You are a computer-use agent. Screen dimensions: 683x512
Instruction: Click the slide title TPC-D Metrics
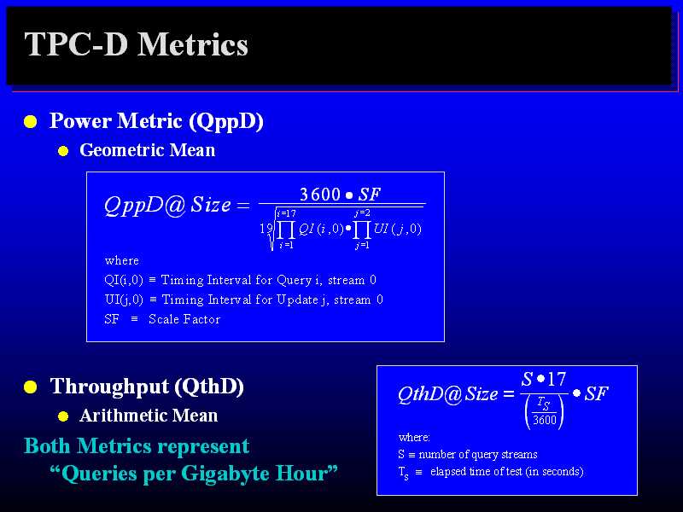pos(136,44)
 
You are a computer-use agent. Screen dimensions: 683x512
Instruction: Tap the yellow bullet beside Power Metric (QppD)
pos(31,121)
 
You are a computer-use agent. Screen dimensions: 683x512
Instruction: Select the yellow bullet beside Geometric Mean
pos(63,151)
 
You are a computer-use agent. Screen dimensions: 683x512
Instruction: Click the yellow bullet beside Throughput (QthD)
pos(31,387)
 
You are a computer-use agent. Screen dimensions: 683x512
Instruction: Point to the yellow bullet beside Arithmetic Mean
pos(63,416)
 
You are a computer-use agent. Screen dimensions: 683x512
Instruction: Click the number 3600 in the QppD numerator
pos(320,195)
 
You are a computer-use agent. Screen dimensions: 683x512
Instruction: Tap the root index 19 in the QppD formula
pos(266,228)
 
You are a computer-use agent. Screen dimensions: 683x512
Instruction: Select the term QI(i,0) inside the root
pos(321,229)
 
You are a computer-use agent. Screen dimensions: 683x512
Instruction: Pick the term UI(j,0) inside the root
pos(398,229)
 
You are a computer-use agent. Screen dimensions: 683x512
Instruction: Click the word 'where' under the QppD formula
pos(122,260)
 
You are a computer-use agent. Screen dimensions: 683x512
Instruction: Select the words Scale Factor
pos(184,319)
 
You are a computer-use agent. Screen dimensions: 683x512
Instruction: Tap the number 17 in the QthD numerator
pos(557,379)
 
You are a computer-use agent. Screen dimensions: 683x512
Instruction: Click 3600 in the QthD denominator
pos(545,420)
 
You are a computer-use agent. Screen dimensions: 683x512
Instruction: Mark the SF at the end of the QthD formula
pos(596,393)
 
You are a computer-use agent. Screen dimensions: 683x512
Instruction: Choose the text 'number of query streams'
pos(478,455)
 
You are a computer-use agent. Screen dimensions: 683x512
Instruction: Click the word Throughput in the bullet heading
pos(110,387)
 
